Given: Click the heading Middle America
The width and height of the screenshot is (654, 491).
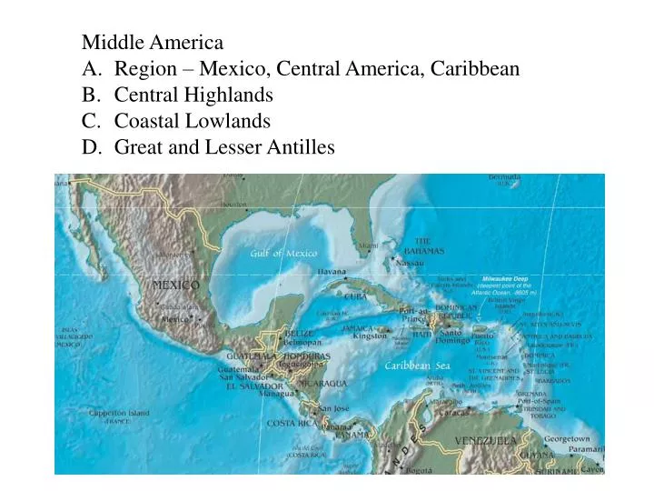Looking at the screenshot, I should (153, 42).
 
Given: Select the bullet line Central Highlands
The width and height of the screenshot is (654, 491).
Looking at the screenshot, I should (193, 95).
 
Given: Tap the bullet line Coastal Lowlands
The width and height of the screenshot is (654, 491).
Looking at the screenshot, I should (192, 121).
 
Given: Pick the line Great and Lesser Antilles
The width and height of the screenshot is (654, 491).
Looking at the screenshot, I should (224, 146).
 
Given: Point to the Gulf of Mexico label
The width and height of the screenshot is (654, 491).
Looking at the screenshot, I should (284, 253).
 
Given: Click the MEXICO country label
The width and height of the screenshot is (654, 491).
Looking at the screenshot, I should (175, 285).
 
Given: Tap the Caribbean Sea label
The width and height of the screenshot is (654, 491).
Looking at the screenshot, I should (416, 366).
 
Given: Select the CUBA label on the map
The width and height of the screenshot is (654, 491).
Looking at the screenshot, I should (356, 296).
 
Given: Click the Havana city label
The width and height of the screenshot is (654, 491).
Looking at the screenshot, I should (332, 272).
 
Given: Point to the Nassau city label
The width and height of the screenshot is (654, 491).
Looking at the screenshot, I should (411, 262).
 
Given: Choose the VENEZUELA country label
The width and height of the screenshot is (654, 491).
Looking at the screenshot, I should (486, 441).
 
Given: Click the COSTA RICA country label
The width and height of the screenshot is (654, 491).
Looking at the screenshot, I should (292, 423).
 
